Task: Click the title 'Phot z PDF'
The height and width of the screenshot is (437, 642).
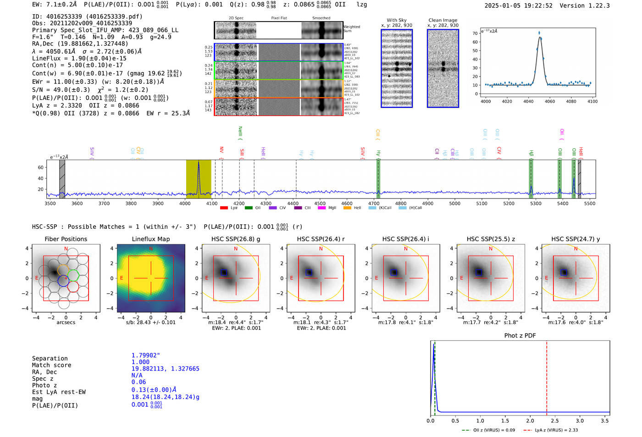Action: click(520, 336)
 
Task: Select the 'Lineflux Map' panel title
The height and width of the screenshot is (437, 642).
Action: click(150, 239)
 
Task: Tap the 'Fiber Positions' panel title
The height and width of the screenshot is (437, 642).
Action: click(66, 239)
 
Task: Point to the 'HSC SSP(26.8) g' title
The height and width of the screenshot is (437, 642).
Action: click(236, 239)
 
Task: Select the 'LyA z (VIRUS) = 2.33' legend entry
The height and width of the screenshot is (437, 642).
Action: click(556, 430)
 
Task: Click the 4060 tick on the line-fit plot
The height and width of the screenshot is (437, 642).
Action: click(549, 101)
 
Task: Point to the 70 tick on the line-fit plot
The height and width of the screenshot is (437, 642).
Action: click(475, 33)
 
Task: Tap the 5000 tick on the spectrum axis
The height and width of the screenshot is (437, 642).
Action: click(454, 204)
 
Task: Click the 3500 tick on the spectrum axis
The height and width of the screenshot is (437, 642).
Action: click(50, 204)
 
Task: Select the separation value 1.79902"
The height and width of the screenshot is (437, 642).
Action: click(146, 355)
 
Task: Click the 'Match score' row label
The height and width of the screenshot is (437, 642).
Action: click(51, 365)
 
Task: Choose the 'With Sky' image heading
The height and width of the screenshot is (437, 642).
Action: click(396, 20)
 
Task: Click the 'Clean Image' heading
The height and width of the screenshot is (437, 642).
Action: click(443, 20)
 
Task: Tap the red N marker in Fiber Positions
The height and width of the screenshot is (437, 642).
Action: click(66, 249)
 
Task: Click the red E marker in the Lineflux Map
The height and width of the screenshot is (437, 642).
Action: click(122, 278)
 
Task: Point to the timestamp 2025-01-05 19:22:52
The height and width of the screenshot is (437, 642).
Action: click(518, 6)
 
